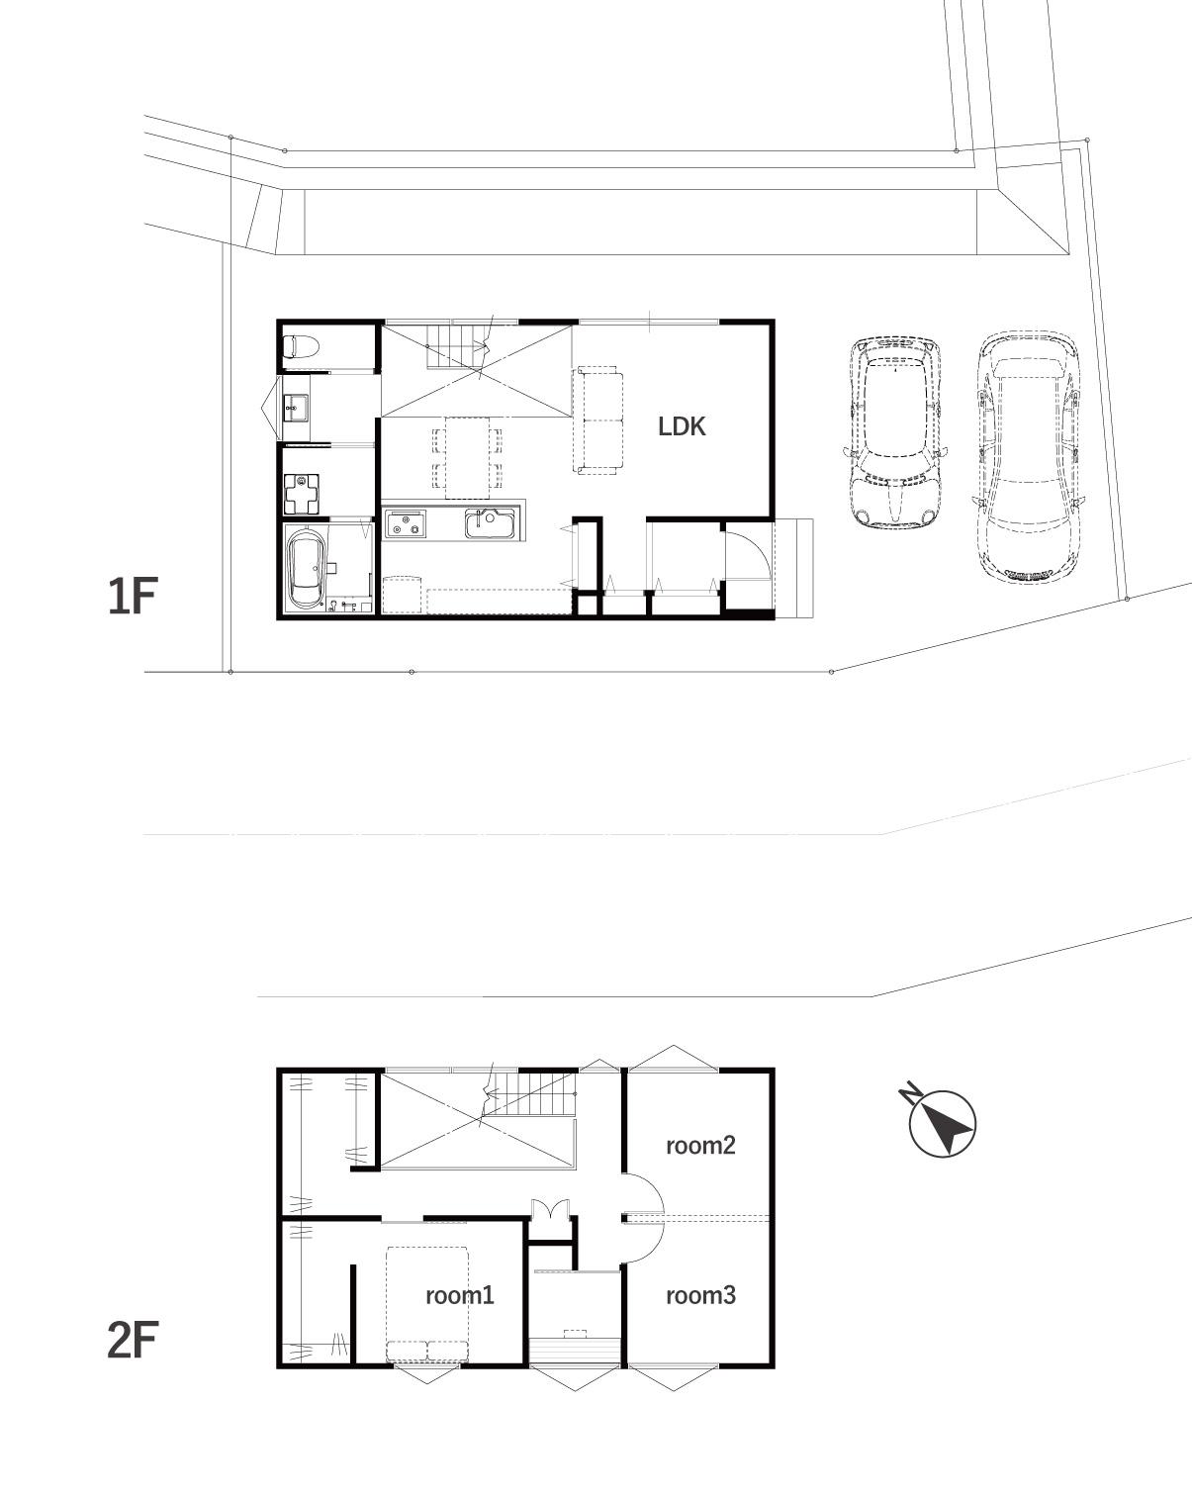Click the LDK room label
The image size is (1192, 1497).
point(682,426)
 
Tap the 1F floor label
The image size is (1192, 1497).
point(133,597)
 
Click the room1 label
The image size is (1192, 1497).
point(460,1295)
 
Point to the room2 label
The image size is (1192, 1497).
point(700,1145)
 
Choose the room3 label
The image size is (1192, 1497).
point(700,1295)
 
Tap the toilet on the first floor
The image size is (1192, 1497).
point(301,345)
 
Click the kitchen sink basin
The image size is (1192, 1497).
point(491,523)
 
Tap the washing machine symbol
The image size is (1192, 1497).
point(302,493)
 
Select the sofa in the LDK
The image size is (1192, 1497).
point(597,421)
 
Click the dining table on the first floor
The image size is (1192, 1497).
point(467,457)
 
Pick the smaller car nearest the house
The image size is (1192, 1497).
point(895,431)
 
